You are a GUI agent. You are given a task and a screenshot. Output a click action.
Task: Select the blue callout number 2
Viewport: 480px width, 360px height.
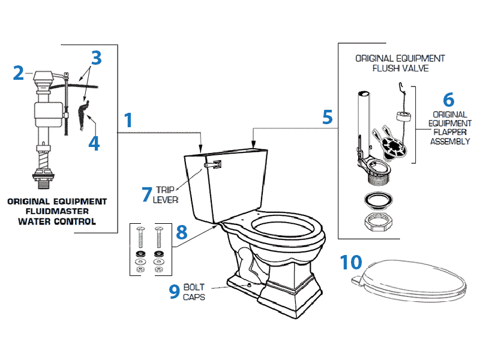pyautogui.click(x=19, y=73)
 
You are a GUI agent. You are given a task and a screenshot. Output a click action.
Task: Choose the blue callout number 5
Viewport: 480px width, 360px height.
pyautogui.click(x=327, y=116)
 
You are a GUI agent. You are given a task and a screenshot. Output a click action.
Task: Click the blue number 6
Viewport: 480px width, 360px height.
pyautogui.click(x=448, y=99)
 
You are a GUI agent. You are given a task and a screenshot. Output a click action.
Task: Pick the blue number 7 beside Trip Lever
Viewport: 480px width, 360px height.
pyautogui.click(x=147, y=194)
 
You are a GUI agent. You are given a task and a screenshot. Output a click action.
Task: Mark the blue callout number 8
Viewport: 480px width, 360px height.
pyautogui.click(x=182, y=232)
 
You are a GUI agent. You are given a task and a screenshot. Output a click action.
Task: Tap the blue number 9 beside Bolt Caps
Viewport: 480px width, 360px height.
pyautogui.click(x=174, y=291)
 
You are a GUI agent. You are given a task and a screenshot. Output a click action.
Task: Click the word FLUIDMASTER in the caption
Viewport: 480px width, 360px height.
pyautogui.click(x=58, y=211)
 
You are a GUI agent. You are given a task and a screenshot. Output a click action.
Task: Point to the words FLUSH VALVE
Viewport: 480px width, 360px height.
pyautogui.click(x=400, y=68)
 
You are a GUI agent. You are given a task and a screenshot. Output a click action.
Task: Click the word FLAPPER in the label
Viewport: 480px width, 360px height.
pyautogui.click(x=449, y=133)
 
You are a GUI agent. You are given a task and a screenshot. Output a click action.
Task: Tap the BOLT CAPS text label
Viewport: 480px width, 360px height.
pyautogui.click(x=194, y=292)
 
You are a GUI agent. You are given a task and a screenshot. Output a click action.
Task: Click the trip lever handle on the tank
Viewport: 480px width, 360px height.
pyautogui.click(x=214, y=164)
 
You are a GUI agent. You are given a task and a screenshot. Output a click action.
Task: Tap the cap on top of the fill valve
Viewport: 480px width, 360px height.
pyautogui.click(x=43, y=76)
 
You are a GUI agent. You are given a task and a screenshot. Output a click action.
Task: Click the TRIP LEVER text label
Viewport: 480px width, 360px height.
pyautogui.click(x=166, y=194)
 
